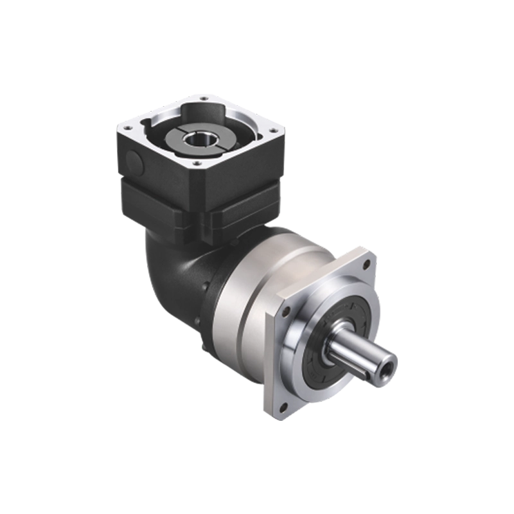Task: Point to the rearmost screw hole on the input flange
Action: (202, 98)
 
